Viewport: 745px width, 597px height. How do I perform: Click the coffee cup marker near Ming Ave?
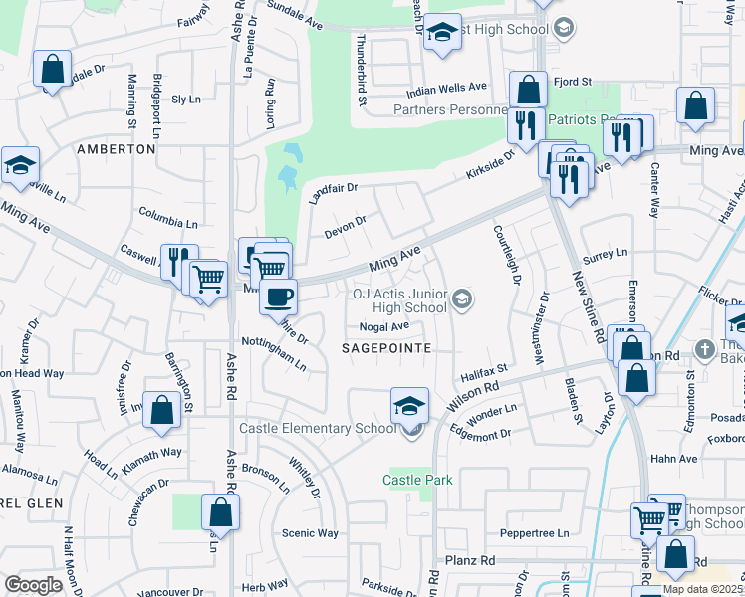point(278,296)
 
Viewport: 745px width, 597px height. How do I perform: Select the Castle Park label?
point(418,480)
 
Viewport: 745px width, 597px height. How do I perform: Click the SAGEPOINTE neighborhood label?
point(386,348)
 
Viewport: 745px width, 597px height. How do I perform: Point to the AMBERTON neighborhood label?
point(117,149)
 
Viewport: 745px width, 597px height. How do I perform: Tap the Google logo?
point(33,585)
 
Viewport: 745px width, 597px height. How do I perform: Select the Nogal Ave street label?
point(384,326)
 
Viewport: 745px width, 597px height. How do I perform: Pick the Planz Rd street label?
point(470,561)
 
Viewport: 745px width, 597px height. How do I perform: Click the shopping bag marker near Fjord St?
point(528,90)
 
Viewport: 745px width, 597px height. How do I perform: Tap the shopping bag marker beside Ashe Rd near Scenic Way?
point(220,512)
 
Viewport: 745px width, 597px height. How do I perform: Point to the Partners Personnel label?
point(444,109)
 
